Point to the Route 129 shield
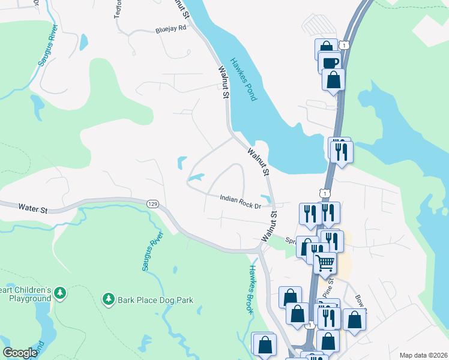(152, 205)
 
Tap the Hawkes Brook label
(252, 290)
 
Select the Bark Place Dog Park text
(155, 299)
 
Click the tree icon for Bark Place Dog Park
(108, 298)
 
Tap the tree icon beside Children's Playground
(59, 293)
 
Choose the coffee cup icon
(330, 62)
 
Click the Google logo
(20, 353)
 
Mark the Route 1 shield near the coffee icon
(343, 45)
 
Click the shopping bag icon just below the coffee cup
(333, 79)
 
